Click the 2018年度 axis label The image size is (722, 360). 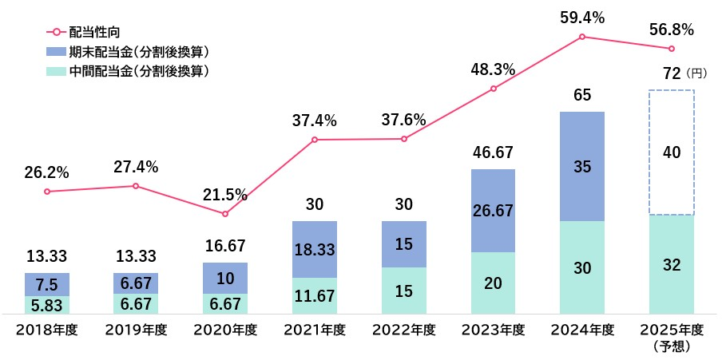pyautogui.click(x=47, y=329)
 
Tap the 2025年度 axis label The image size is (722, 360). pyautogui.click(x=672, y=329)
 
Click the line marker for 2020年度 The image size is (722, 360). pyautogui.click(x=225, y=214)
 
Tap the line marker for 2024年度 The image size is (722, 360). pyautogui.click(x=582, y=37)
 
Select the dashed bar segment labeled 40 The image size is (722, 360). pyautogui.click(x=672, y=152)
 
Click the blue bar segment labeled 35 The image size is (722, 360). pyautogui.click(x=582, y=166)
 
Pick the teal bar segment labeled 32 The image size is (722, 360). pyautogui.click(x=672, y=265)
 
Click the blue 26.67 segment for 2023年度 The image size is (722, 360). pyautogui.click(x=493, y=211)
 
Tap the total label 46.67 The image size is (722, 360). pyautogui.click(x=493, y=152)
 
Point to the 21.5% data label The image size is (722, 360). pyautogui.click(x=225, y=196)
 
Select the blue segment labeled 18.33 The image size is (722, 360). pyautogui.click(x=315, y=249)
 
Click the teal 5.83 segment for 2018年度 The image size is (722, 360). pyautogui.click(x=47, y=306)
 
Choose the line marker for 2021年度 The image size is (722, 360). pyautogui.click(x=315, y=140)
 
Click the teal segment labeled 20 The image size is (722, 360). pyautogui.click(x=493, y=283)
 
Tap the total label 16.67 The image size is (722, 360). pyautogui.click(x=225, y=246)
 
